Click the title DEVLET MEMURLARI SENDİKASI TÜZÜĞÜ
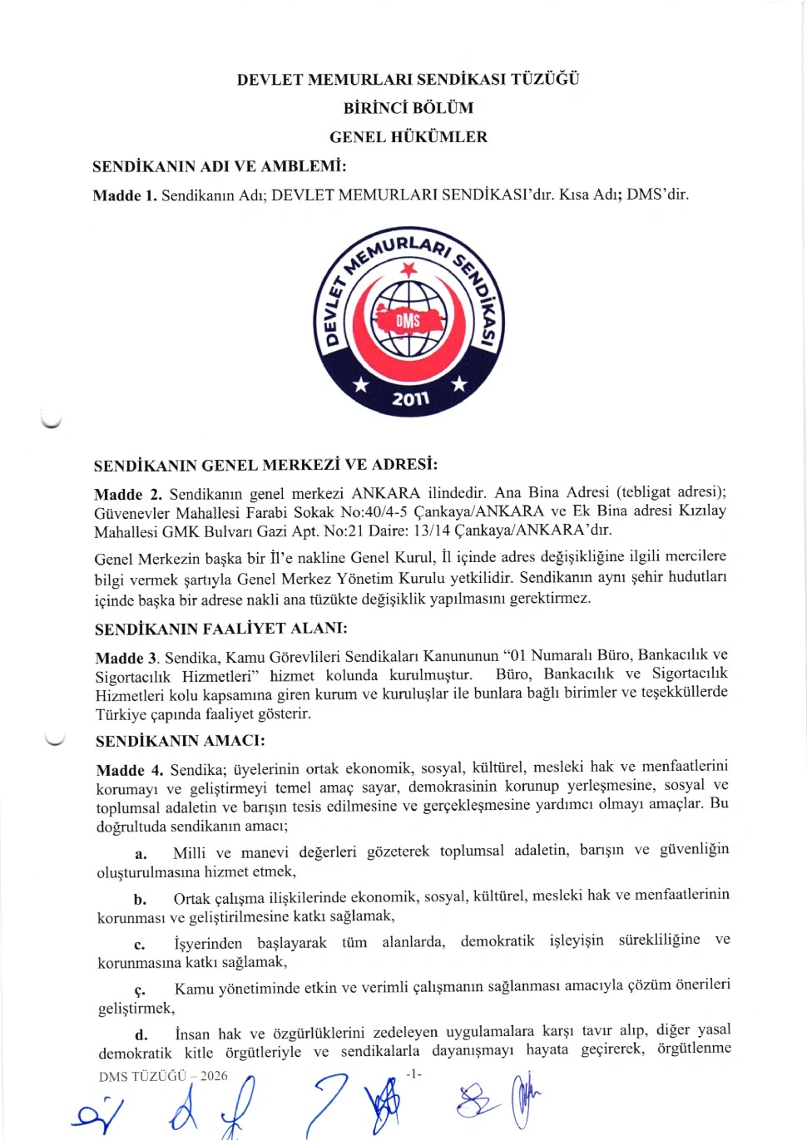408,80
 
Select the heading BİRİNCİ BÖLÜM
408,108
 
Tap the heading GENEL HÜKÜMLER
408,137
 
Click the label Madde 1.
125,195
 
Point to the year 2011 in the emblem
410,399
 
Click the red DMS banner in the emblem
408,320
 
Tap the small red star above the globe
408,269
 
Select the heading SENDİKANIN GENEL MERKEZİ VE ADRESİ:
265,465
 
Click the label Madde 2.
127,494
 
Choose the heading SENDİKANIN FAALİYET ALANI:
221,629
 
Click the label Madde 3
127,658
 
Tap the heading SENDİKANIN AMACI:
181,741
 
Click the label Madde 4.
129,770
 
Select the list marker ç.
140,989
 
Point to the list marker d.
141,1034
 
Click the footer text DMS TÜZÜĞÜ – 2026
163,1076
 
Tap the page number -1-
413,1074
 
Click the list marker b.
140,899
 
